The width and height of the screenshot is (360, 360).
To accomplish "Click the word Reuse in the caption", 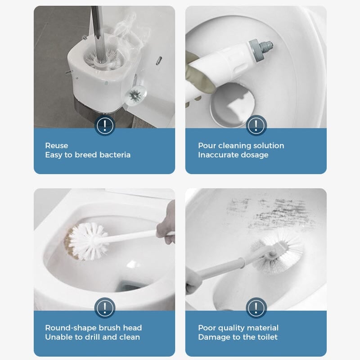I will point(57,145).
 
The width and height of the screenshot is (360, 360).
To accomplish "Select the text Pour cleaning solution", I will point(241,145).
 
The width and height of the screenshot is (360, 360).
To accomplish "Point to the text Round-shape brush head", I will point(93,328).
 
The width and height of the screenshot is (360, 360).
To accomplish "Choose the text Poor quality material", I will point(238,328).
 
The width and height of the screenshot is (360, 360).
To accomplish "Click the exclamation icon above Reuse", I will point(104,125).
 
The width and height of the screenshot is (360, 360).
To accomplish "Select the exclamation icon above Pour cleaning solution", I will point(256,125).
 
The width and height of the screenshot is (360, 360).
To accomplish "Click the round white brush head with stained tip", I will point(88,241).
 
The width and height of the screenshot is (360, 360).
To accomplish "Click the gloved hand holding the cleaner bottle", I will point(194,76).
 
